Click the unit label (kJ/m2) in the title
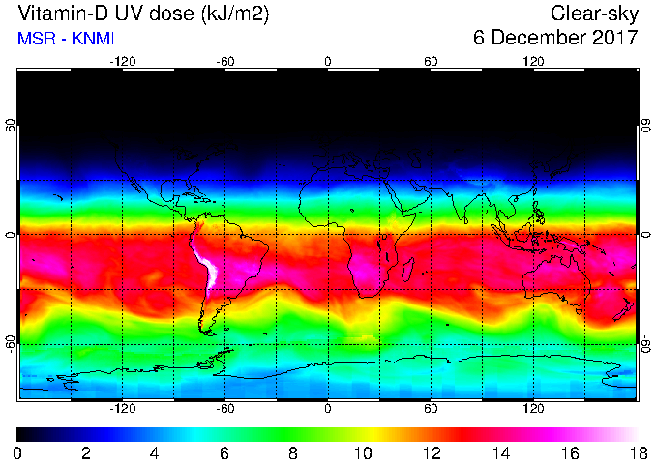pyautogui.click(x=230, y=14)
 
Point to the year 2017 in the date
pyautogui.click(x=616, y=38)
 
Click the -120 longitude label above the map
pyautogui.click(x=122, y=61)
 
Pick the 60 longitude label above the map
pyautogui.click(x=431, y=61)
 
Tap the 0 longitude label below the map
pyautogui.click(x=328, y=408)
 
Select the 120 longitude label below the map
pyautogui.click(x=533, y=408)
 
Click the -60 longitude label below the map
pyautogui.click(x=225, y=408)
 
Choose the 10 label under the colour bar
pyautogui.click(x=362, y=452)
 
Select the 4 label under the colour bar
pyautogui.click(x=155, y=452)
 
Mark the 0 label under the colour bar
pyautogui.click(x=17, y=452)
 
